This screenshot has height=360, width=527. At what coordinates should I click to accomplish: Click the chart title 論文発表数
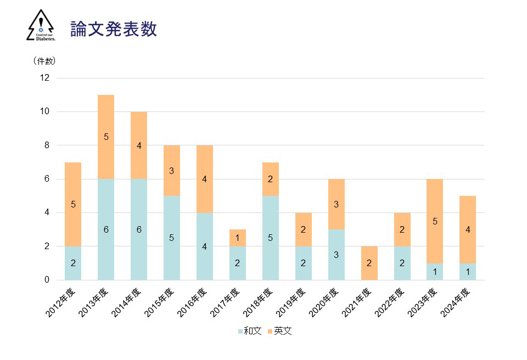tap(114, 29)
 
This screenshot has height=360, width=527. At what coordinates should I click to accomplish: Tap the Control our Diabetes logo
tap(41, 25)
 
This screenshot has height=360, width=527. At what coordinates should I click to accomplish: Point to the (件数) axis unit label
tap(44, 61)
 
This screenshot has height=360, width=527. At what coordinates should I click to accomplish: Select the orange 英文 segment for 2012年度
tap(73, 204)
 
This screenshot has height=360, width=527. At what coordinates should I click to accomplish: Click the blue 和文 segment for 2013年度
tap(106, 229)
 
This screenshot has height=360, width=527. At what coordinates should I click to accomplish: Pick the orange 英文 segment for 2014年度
tap(139, 145)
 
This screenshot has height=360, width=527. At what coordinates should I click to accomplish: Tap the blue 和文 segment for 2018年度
tap(271, 238)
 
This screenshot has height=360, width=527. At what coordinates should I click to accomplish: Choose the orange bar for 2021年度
tap(369, 263)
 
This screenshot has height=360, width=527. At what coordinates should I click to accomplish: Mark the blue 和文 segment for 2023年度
tap(435, 271)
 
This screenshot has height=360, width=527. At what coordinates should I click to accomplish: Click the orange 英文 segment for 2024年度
tap(468, 229)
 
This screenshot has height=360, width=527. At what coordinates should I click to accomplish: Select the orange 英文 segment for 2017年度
tap(238, 238)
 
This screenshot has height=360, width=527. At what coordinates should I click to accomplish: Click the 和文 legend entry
tap(249, 331)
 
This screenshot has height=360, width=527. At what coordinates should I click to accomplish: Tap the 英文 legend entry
tap(280, 331)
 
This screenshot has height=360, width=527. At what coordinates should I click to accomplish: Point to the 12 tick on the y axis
tap(44, 78)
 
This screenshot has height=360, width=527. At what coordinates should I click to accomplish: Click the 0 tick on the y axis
tap(47, 280)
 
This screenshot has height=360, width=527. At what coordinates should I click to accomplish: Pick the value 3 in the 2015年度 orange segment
tap(172, 171)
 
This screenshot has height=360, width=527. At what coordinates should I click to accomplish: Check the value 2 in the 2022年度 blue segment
tap(402, 263)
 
